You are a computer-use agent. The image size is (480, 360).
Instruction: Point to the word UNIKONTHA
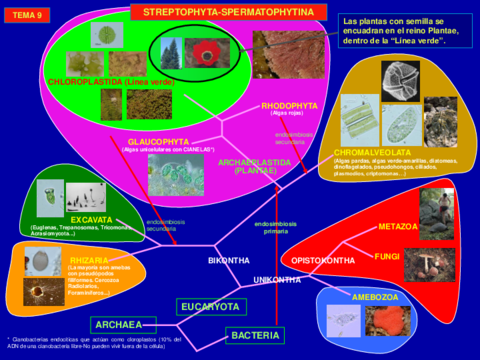click(277, 280)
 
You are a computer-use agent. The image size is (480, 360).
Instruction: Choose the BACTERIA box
click(255, 334)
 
